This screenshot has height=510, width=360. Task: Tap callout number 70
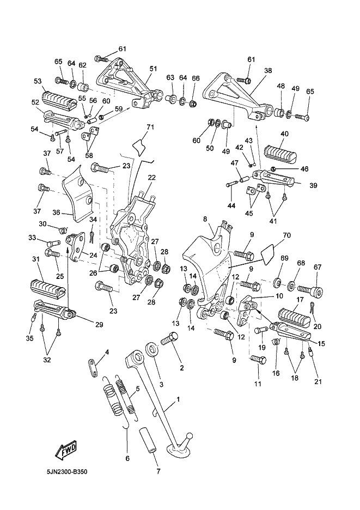click(x=288, y=235)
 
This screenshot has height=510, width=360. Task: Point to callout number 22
click(x=151, y=178)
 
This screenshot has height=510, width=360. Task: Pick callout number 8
click(x=205, y=219)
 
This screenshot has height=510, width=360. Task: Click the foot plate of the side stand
click(x=180, y=450)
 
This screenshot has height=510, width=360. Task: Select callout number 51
click(x=153, y=69)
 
